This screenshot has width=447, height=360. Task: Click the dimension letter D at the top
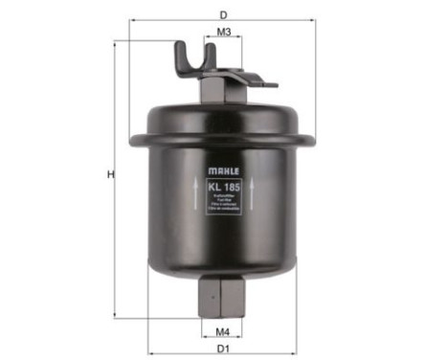(x=222, y=15)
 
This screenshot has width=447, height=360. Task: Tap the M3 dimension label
(x=222, y=33)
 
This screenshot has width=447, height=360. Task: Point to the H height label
(x=110, y=174)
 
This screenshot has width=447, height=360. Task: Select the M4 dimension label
(x=222, y=332)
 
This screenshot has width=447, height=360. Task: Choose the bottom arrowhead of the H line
(x=116, y=315)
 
